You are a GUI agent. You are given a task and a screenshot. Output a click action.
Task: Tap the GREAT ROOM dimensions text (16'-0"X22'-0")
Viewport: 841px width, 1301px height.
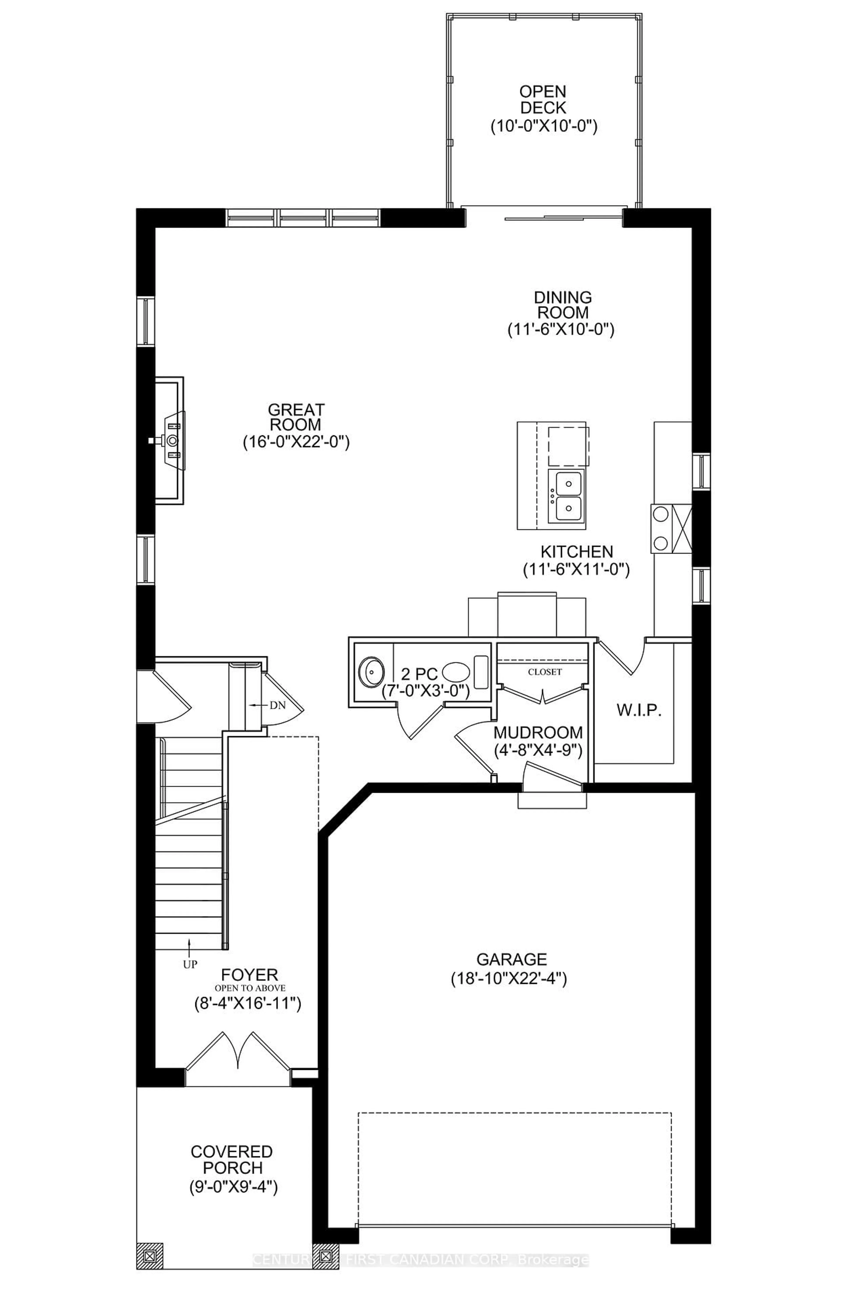tap(296, 442)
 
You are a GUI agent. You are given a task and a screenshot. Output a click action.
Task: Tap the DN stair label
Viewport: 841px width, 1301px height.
tap(277, 705)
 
